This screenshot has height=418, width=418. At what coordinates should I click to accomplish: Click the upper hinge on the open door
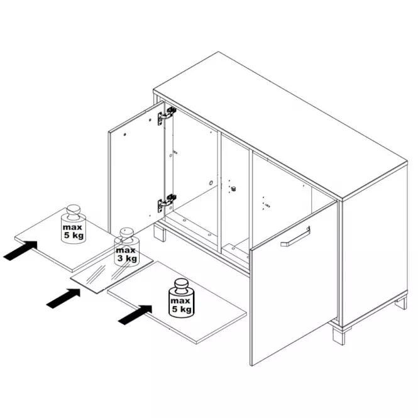tap(167, 116)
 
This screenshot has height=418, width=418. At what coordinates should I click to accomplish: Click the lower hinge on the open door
tap(167, 202)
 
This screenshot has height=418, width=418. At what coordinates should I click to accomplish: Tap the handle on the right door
tap(295, 237)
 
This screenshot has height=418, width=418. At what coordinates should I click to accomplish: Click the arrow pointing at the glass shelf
tap(63, 298)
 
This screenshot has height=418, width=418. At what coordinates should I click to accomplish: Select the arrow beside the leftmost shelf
tap(20, 250)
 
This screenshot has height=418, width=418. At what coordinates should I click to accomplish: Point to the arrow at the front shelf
tap(135, 315)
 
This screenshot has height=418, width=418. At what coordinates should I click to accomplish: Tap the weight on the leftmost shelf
tap(74, 224)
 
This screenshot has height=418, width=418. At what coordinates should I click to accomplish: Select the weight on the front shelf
tap(181, 298)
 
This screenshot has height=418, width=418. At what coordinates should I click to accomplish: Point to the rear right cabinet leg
tap(401, 302)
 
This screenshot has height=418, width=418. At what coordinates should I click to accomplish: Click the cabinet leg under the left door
tap(160, 232)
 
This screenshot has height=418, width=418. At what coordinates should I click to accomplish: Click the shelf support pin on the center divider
tap(233, 189)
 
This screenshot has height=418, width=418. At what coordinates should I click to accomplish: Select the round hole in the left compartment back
tap(211, 183)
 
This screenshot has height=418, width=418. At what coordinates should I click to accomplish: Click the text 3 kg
tap(127, 258)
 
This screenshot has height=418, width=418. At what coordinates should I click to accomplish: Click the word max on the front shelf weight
tap(180, 301)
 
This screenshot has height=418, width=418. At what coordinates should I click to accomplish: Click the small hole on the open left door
tap(124, 135)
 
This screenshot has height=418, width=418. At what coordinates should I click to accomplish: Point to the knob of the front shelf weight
tap(181, 285)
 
